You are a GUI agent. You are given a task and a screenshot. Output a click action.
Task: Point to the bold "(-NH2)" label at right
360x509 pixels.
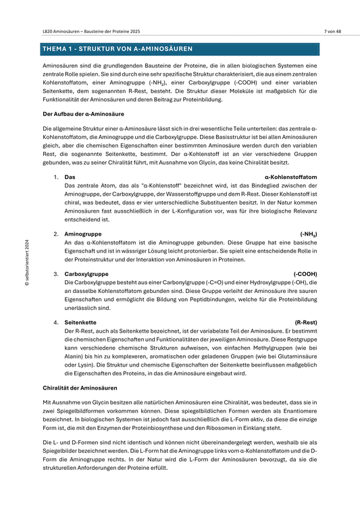(x=308, y=233)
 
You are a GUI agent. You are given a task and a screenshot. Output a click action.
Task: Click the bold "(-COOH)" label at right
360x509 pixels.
(x=305, y=273)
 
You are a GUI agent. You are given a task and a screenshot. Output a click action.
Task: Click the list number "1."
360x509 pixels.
(x=56, y=176)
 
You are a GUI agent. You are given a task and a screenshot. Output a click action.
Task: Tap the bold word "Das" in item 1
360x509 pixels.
(x=70, y=176)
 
